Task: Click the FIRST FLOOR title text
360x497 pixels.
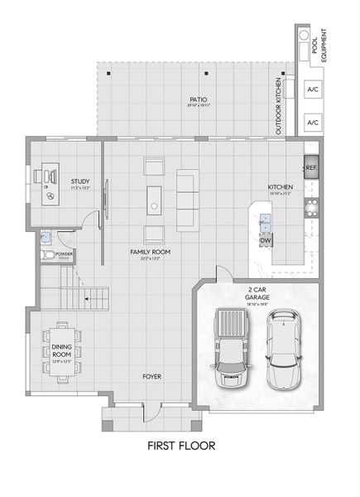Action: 180,446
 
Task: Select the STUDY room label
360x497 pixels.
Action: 79,182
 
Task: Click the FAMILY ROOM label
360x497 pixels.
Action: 150,252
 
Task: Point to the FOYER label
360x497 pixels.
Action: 151,376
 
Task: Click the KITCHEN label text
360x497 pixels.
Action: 280,188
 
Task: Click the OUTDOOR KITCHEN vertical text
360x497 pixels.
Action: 279,107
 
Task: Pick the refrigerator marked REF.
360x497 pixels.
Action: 311,168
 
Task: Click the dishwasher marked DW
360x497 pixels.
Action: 266,241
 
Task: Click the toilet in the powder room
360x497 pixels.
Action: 48,254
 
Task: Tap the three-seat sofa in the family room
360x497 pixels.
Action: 187,200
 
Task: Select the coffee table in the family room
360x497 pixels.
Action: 154,200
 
